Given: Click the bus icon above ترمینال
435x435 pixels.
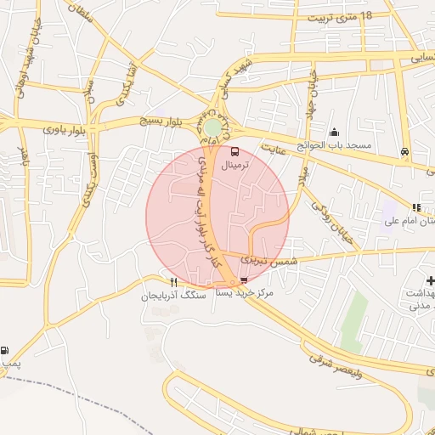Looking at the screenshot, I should [x=235, y=153].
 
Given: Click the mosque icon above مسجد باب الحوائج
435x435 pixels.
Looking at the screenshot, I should [x=334, y=132].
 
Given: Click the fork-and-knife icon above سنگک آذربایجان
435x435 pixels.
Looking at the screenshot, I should [x=173, y=282].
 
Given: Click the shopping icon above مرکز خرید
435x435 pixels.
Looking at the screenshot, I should [x=245, y=280].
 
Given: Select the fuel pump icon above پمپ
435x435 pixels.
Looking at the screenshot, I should [x=7, y=351].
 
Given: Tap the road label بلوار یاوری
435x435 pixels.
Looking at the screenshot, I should [x=65, y=130].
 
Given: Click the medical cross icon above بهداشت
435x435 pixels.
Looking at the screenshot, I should [x=430, y=280].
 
